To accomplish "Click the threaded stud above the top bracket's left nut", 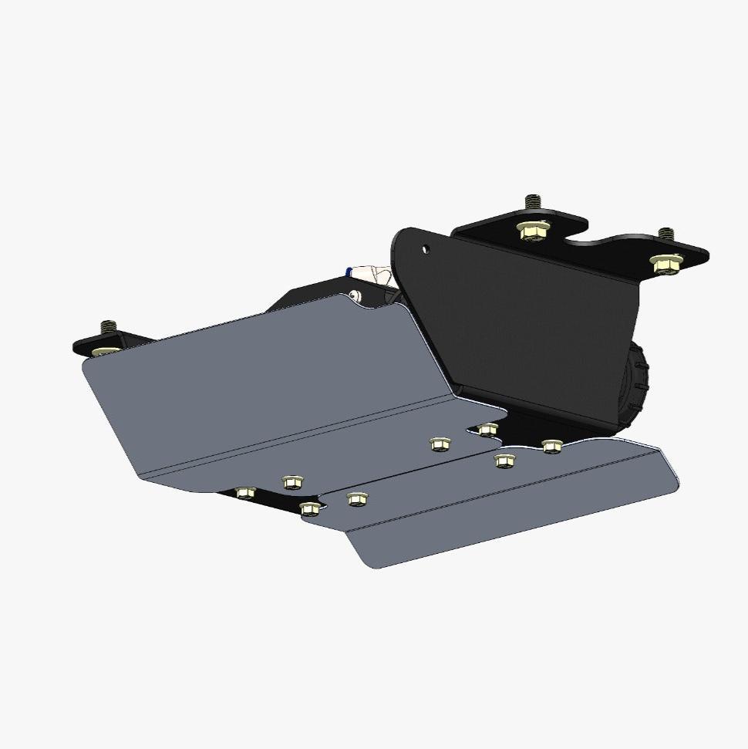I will (532, 203).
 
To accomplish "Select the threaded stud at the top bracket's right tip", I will (666, 234).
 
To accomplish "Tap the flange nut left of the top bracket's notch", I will (533, 229).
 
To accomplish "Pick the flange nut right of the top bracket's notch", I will (665, 263).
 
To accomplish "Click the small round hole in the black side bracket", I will (425, 249).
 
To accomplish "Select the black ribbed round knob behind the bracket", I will (637, 386).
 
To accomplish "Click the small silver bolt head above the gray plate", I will (354, 295).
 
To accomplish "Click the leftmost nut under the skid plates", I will (245, 492).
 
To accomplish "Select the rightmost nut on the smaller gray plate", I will (551, 446).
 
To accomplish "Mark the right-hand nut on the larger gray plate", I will (440, 444).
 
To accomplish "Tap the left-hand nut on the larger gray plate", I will (291, 482).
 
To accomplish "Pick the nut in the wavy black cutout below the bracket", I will (487, 429).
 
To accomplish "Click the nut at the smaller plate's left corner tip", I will (310, 508).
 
